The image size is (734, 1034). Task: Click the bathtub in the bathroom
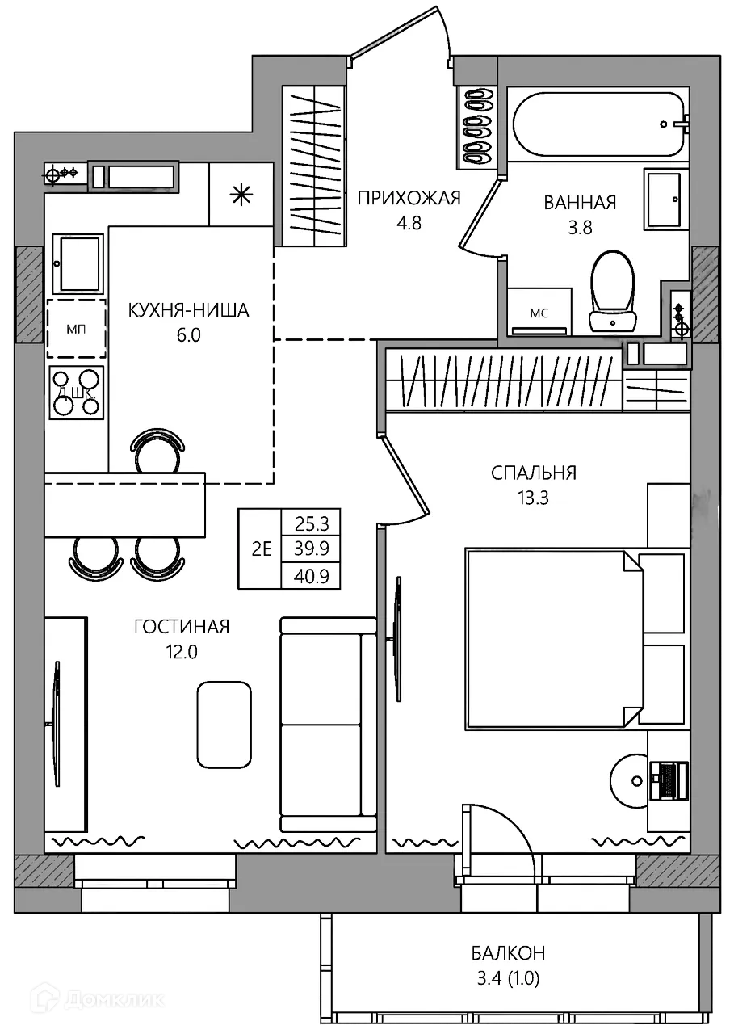598,124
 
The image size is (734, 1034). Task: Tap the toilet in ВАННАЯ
612,292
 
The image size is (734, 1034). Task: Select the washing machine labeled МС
539,312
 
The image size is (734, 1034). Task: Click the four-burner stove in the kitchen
77,393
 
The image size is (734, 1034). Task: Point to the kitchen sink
77,263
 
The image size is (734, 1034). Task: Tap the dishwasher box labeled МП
76,329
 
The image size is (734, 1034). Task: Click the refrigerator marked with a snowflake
241,195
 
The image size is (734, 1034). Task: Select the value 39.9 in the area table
311,549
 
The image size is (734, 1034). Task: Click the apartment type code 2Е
261,549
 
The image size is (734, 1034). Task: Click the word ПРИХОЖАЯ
409,198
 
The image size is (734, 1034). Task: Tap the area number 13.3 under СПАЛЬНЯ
533,498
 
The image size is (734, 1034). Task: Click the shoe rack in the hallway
477,127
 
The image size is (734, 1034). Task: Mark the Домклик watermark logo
100,999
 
